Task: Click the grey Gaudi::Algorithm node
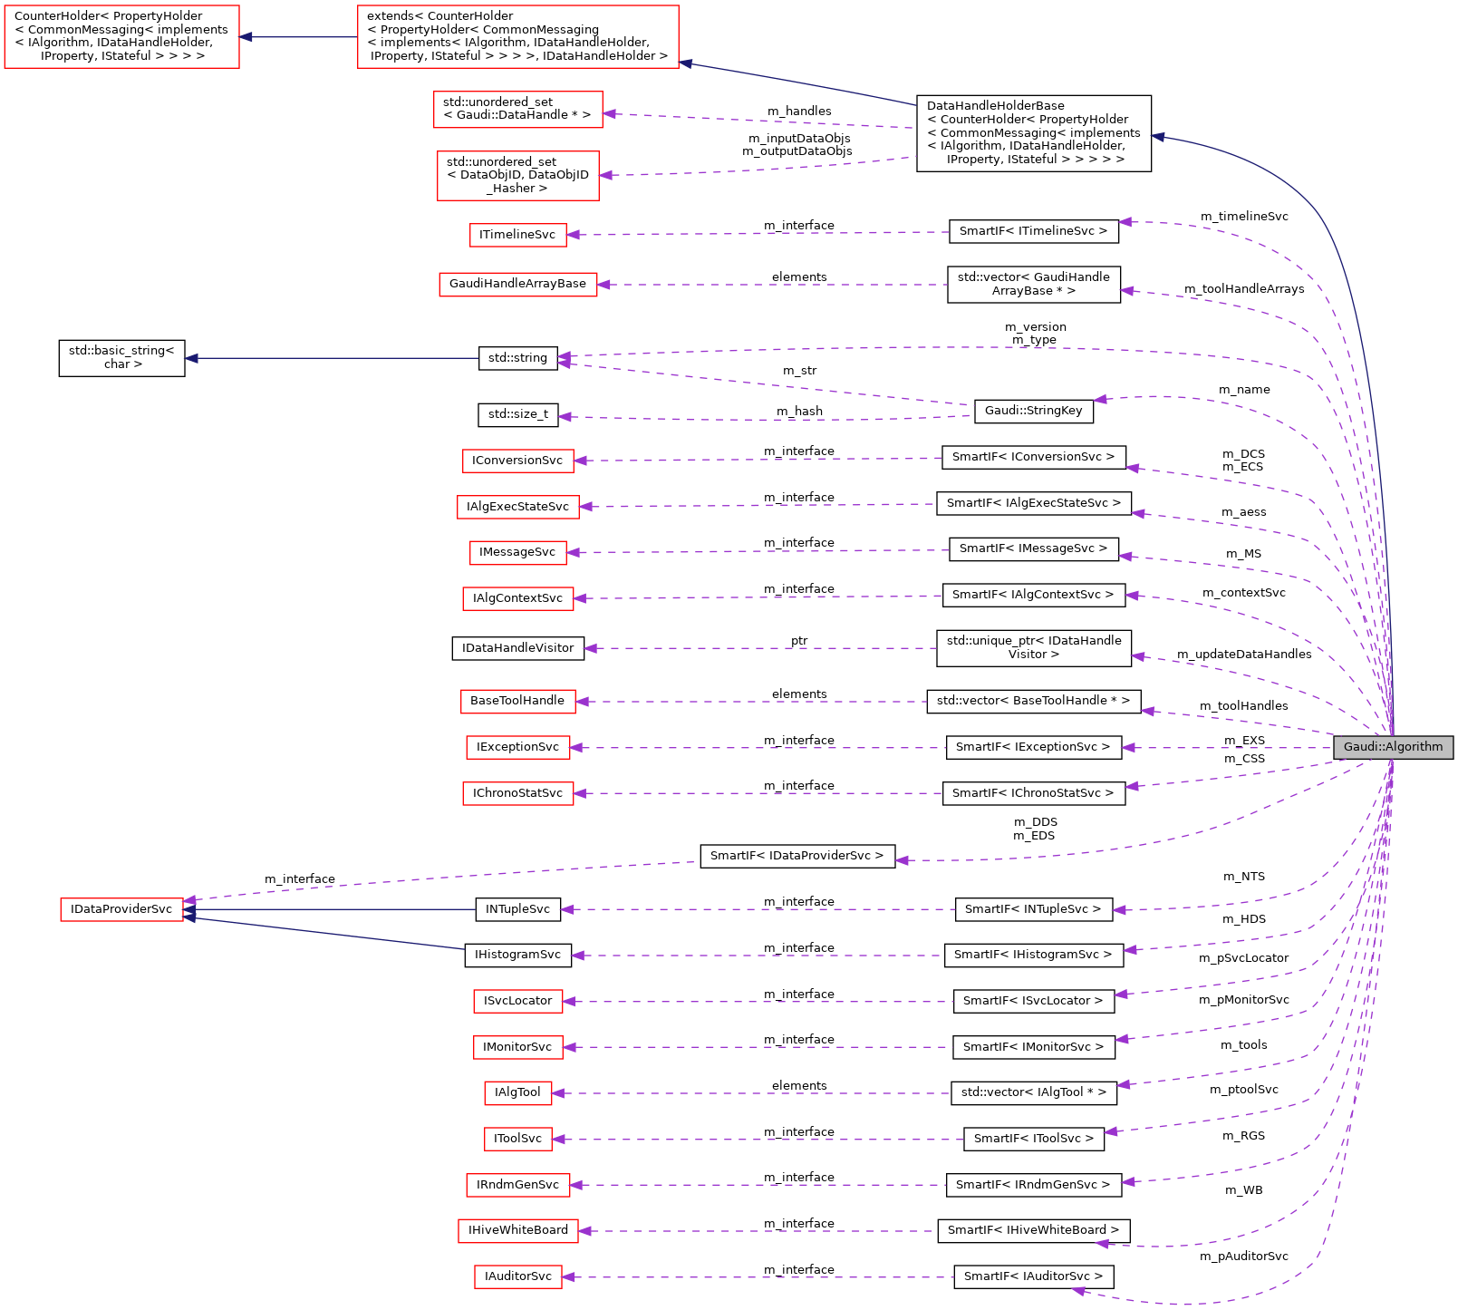(1393, 747)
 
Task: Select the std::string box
(517, 358)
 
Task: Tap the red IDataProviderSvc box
(121, 909)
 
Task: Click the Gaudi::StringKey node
(1033, 411)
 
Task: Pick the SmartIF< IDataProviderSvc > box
(797, 856)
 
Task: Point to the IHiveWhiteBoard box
(517, 1230)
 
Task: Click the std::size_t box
(517, 414)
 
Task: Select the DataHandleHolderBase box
(1033, 133)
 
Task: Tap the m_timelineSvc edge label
(1243, 217)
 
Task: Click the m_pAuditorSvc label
(1243, 1257)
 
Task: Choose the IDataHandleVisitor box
(517, 648)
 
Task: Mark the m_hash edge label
(799, 412)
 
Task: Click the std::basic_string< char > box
(121, 357)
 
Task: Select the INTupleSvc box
(517, 909)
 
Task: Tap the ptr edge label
(798, 641)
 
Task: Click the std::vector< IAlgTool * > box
(1033, 1092)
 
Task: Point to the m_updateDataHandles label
(1243, 655)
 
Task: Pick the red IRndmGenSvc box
(517, 1185)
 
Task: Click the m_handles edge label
(799, 112)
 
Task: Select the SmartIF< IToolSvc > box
(1033, 1139)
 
